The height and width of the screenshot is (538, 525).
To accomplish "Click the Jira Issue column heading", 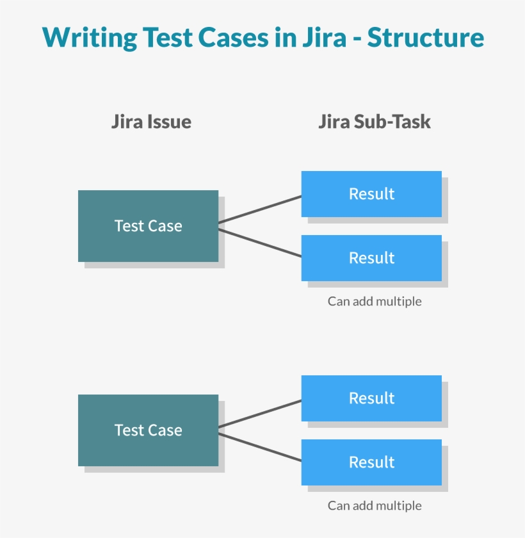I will [x=151, y=122].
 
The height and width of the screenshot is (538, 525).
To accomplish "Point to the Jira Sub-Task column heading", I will [x=375, y=122].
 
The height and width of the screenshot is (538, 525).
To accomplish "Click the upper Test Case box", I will [x=148, y=226].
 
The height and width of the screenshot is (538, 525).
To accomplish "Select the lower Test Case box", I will [x=148, y=430].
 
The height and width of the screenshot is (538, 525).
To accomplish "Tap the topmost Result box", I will [x=371, y=194].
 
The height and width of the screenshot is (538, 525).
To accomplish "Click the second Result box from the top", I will [x=371, y=258].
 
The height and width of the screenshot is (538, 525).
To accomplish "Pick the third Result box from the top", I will [x=371, y=398].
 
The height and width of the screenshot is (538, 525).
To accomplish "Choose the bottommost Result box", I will [x=371, y=462].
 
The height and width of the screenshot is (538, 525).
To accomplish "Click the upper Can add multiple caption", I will [x=375, y=301].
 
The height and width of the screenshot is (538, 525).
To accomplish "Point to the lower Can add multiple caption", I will [x=375, y=505].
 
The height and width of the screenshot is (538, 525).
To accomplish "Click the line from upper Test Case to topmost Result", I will [x=259, y=209].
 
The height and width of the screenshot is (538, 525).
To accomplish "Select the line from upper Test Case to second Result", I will [x=259, y=243].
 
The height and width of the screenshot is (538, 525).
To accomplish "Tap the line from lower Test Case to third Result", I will [x=259, y=414].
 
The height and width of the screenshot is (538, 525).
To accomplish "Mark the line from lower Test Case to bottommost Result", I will [x=259, y=447].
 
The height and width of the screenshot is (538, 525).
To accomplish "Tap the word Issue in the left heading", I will [x=169, y=122].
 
